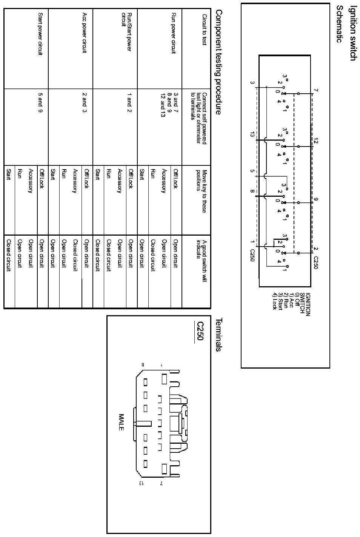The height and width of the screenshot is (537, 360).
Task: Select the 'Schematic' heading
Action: click(340, 24)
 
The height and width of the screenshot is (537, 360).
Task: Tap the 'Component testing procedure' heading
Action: click(218, 62)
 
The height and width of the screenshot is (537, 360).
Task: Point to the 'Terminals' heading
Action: click(218, 335)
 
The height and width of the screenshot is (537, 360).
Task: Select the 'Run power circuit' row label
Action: click(174, 34)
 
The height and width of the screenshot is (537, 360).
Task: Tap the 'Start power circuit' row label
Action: click(40, 34)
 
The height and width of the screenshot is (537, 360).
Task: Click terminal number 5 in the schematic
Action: click(252, 171)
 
